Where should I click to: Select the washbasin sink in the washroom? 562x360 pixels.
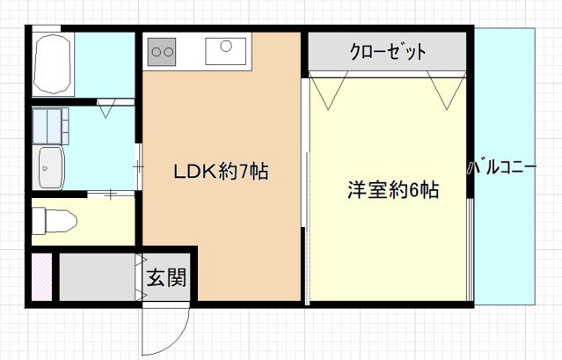[50, 167]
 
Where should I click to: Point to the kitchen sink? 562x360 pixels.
[226, 50]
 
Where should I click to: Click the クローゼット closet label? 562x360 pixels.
[387, 52]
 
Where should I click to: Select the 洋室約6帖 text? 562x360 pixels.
[392, 189]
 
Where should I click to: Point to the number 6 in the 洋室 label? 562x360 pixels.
[415, 189]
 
